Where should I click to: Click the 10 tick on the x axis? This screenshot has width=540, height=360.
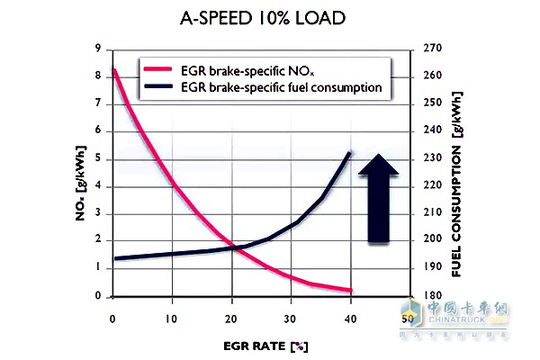pyautogui.click(x=172, y=318)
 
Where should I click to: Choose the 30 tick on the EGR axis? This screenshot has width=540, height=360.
pyautogui.click(x=291, y=318)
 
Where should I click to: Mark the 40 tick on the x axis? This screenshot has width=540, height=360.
pyautogui.click(x=351, y=318)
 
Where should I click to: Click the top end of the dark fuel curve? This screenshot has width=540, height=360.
pyautogui.click(x=350, y=154)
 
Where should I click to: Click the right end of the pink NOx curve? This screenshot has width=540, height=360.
pyautogui.click(x=350, y=290)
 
